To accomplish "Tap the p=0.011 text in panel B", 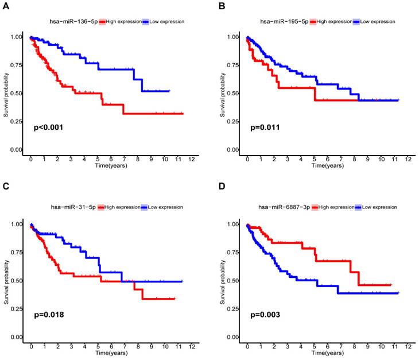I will coord(265,127).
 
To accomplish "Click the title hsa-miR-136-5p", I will coord(73,21).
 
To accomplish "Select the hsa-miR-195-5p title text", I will coord(284,21).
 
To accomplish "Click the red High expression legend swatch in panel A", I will coord(102,21).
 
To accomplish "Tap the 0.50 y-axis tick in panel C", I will coord(18,281).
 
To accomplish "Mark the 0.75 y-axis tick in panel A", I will coord(18,65).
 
